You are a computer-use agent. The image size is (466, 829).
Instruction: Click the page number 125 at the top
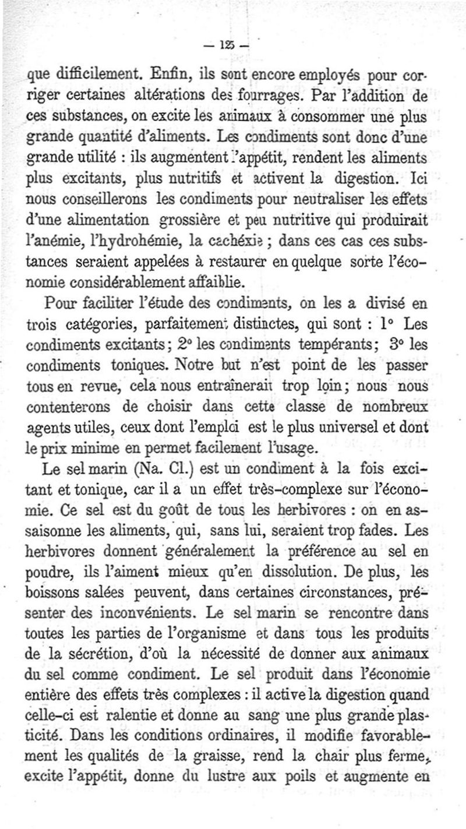[232, 45]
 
